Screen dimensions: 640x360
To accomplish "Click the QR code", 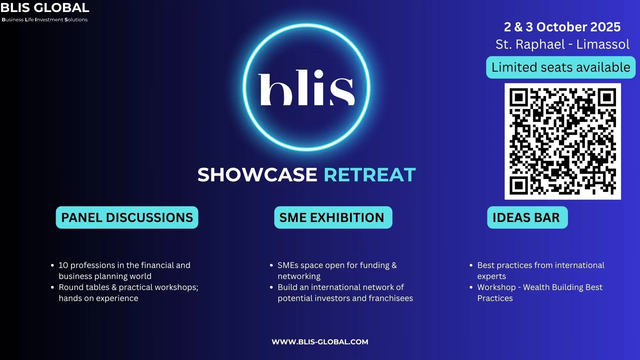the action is coord(563,141).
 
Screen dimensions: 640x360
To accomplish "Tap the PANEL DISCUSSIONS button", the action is coord(127,217).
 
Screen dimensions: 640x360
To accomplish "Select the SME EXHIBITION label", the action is coord(333,217).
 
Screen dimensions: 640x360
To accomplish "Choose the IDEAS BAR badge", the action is coord(527,217).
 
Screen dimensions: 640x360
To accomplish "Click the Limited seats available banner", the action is coord(561,67).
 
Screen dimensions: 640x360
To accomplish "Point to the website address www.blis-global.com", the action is coord(320,342).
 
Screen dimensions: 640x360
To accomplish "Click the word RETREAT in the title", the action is coord(370,175).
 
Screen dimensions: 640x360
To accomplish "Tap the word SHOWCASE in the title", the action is coord(257,175).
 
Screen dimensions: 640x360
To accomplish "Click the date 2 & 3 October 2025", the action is coord(562,27).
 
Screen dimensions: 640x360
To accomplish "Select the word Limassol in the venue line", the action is coord(603,44).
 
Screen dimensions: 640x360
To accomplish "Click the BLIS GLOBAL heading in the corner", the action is coord(45,7).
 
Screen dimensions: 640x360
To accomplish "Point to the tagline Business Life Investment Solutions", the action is coord(45,20).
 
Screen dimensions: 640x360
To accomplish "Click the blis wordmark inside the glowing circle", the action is coord(306,88).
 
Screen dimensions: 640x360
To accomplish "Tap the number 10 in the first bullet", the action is coord(63,265).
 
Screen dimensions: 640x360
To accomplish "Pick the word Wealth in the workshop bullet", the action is coord(537,287).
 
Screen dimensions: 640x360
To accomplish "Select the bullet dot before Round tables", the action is coord(52,287).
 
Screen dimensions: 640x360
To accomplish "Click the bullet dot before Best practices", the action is coord(471,265).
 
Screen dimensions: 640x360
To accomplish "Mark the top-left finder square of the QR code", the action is coord(518,97).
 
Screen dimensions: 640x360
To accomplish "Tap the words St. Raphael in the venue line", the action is coord(530,45).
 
